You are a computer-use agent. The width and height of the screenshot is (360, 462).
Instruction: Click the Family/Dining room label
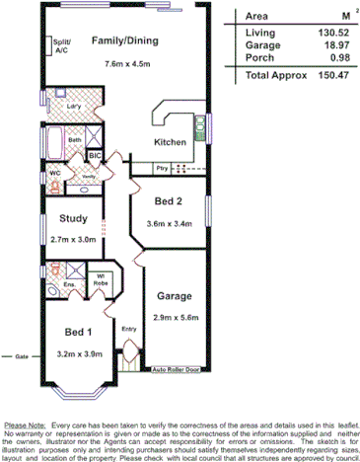[x=124, y=41]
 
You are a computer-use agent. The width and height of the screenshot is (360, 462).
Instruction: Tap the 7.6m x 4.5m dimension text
[x=124, y=65]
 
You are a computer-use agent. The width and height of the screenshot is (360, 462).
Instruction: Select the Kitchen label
[x=170, y=143]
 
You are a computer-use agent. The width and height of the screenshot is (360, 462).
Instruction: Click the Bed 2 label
[x=169, y=201]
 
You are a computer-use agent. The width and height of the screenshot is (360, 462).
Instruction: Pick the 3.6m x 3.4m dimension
[x=169, y=223]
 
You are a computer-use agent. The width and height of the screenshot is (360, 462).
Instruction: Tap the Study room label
[x=74, y=219]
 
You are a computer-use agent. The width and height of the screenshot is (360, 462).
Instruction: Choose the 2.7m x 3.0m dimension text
[x=74, y=240]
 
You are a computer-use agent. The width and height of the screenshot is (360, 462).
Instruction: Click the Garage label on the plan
[x=173, y=295]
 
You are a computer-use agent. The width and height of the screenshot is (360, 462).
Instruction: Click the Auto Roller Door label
[x=177, y=370]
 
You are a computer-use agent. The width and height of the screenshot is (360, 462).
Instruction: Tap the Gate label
[x=19, y=354]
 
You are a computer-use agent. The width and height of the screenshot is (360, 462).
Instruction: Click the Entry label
[x=128, y=329]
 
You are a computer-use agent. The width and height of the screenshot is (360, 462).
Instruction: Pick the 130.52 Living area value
[x=314, y=35]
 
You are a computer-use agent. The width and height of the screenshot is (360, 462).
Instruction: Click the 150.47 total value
[x=313, y=75]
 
